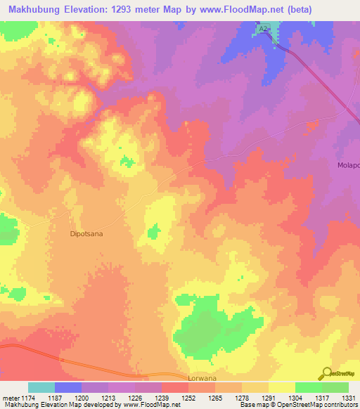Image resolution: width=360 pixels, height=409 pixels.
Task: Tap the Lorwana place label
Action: click(205, 377)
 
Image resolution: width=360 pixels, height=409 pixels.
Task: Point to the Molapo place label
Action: click(349, 166)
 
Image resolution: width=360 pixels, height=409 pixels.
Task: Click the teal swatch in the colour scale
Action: click(41, 387)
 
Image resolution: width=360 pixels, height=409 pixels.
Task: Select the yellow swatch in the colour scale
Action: click(281, 387)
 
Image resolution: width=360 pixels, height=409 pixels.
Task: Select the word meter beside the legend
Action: click(10, 398)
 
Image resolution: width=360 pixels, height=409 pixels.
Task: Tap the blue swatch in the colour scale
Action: click(68, 387)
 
